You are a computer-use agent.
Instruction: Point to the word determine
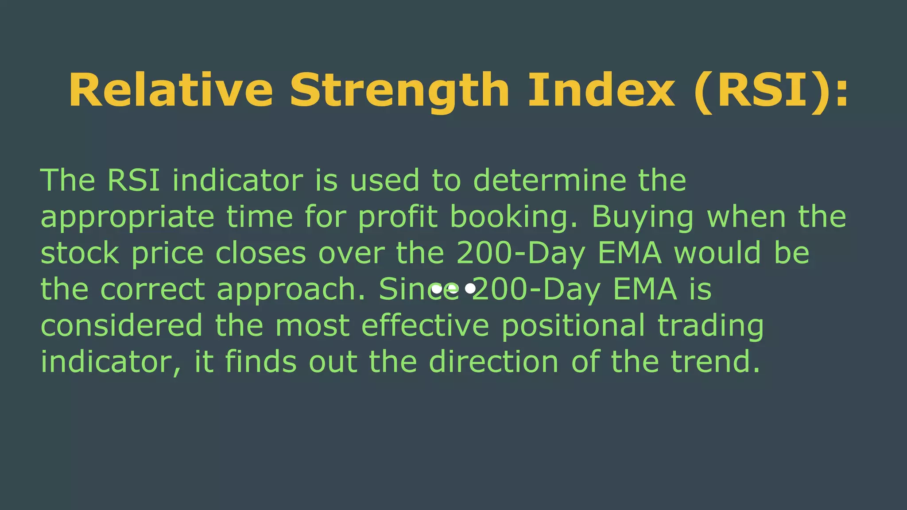click(550, 180)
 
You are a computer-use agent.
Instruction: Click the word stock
click(80, 253)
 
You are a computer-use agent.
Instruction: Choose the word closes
click(261, 253)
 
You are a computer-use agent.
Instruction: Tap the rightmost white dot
click(470, 289)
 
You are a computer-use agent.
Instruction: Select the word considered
click(122, 325)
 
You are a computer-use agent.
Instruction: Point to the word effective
click(425, 325)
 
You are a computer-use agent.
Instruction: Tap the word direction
click(494, 362)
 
